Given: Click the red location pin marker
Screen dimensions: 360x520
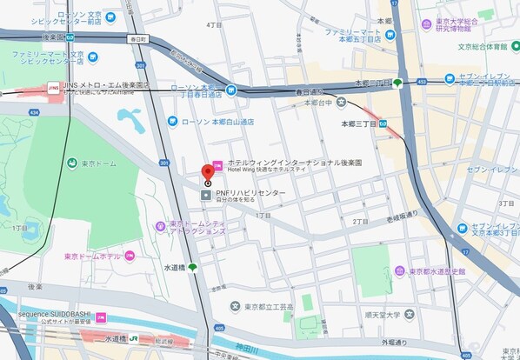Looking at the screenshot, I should tap(208, 170).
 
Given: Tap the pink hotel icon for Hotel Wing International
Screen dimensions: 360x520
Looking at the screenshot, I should tap(217, 163).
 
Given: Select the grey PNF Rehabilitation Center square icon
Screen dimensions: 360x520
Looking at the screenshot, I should tap(205, 193).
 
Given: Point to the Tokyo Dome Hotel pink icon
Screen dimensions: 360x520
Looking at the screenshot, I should tap(129, 256).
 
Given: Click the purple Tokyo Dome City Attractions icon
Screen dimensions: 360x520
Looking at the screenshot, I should tap(160, 227).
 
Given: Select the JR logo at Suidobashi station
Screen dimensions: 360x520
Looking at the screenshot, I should tap(135, 337).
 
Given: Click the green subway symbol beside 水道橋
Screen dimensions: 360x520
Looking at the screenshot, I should tap(192, 267).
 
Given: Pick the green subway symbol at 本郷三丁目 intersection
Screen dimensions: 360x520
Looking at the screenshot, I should tap(397, 83).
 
